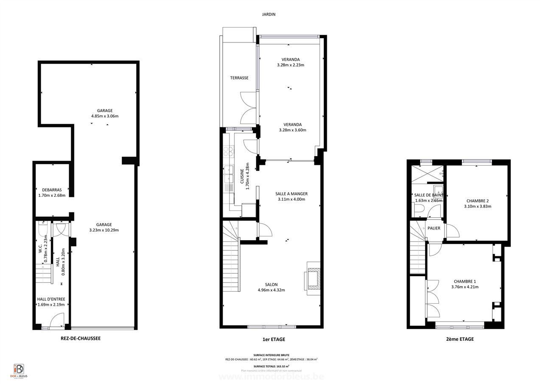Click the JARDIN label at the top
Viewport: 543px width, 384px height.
[x=269, y=14]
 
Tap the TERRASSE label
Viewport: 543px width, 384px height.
[x=239, y=78]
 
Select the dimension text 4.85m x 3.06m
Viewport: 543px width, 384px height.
[x=105, y=116]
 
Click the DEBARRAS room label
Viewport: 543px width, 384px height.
[x=52, y=190]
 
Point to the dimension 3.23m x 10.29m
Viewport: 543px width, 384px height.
[x=104, y=230]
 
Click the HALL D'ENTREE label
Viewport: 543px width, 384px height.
[x=51, y=299]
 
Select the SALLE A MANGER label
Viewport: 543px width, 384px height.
[x=291, y=194]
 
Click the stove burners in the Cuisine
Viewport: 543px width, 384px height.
[x=229, y=151]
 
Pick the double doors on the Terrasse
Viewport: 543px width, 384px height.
[x=248, y=108]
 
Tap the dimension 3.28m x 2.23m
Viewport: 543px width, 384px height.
[x=291, y=65]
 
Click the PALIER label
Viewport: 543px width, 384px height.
[x=434, y=228]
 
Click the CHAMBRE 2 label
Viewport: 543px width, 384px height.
[x=477, y=201]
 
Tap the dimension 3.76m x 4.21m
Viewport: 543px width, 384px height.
[x=465, y=287]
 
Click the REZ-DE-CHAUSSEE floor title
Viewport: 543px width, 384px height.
[x=80, y=339]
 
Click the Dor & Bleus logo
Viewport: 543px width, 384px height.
[x=19, y=370]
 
